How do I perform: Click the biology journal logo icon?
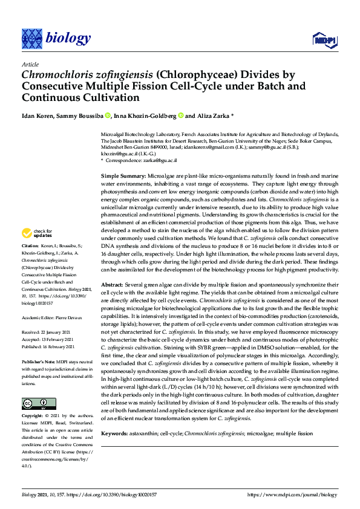click(x=31, y=39)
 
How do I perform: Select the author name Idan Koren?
click(x=38, y=115)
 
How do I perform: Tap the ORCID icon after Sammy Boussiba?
click(x=108, y=115)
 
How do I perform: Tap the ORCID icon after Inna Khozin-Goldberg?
click(x=180, y=115)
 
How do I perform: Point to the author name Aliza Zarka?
click(x=212, y=115)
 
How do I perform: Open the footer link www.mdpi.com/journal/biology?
click(x=292, y=495)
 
